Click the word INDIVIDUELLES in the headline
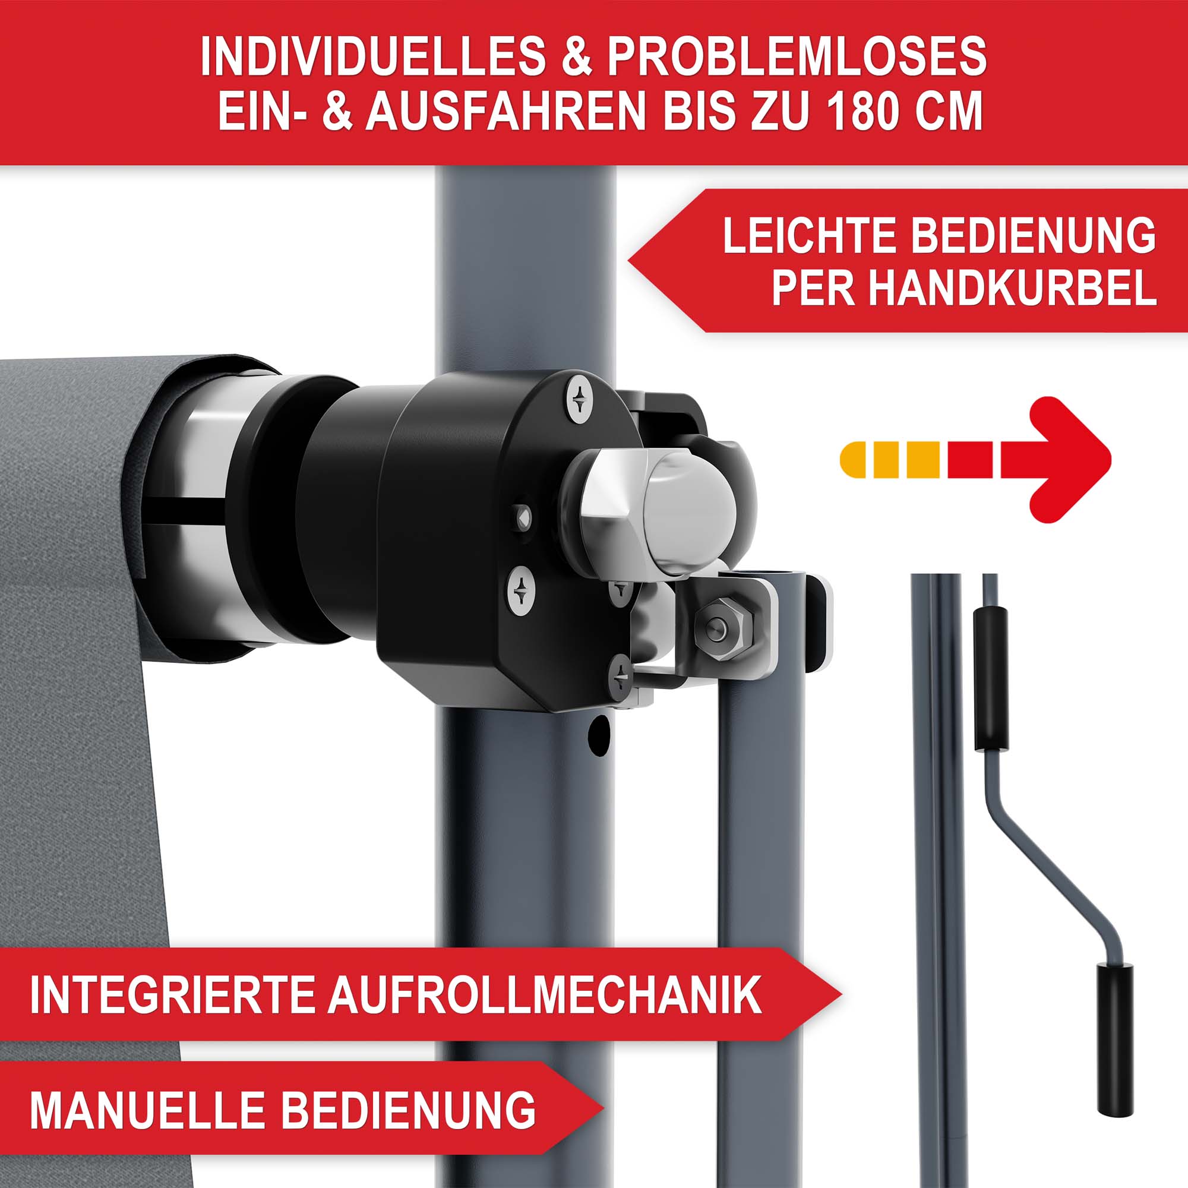tap(372, 56)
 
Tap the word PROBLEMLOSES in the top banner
tap(797, 56)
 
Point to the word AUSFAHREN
tap(506, 110)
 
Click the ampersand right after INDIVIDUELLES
tap(577, 56)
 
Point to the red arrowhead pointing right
tap(1056, 459)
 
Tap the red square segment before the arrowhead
tap(971, 459)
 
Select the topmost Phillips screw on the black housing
tap(579, 400)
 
